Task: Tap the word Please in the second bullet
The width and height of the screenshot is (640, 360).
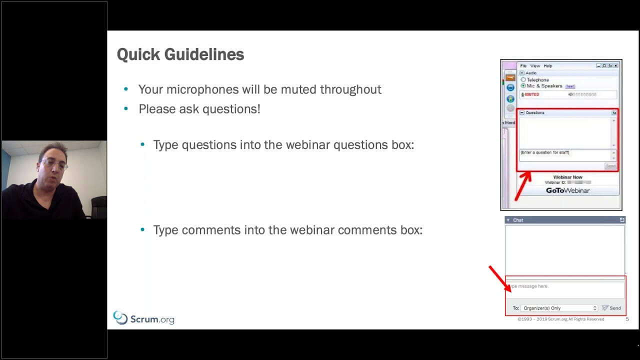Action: click(155, 109)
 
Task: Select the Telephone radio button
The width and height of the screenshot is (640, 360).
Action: click(523, 80)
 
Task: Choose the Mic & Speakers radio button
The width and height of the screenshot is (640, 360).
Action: click(523, 86)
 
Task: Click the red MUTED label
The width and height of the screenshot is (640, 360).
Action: click(532, 94)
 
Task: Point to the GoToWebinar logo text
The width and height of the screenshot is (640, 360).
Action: click(567, 190)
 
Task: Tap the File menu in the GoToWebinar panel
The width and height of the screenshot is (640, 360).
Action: click(523, 66)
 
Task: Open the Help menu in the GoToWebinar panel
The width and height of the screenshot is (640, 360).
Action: click(548, 66)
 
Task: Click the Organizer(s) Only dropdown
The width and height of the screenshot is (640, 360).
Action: click(559, 308)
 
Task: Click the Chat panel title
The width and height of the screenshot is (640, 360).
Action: click(518, 220)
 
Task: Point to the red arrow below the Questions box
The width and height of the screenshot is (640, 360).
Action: click(522, 185)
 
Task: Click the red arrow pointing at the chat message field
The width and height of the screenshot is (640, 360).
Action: click(499, 278)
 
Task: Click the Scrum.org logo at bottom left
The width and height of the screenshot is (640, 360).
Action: click(144, 318)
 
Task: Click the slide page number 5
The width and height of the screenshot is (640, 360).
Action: click(627, 319)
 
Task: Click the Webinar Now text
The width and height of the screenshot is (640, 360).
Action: click(567, 177)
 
